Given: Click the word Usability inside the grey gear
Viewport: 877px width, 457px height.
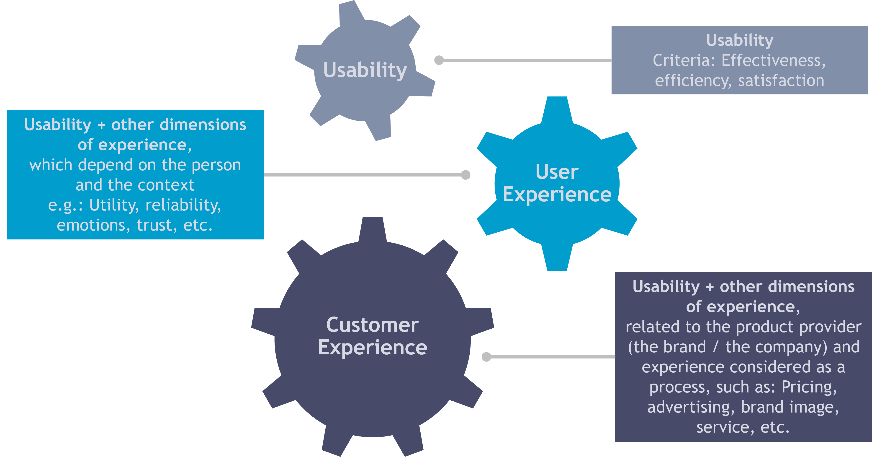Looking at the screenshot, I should pyautogui.click(x=365, y=70).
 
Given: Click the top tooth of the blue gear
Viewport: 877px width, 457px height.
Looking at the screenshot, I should pyautogui.click(x=557, y=109).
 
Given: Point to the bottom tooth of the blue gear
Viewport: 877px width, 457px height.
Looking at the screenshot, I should pyautogui.click(x=557, y=259).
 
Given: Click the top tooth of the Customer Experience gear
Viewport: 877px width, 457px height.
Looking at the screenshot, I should pyautogui.click(x=373, y=229).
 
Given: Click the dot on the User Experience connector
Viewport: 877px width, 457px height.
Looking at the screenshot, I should pyautogui.click(x=466, y=175).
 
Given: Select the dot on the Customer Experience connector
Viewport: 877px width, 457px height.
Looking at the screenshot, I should pyautogui.click(x=486, y=357).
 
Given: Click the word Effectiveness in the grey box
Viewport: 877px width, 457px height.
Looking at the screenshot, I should pyautogui.click(x=771, y=61).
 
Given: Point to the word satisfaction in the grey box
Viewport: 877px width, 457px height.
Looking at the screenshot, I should pyautogui.click(x=781, y=81).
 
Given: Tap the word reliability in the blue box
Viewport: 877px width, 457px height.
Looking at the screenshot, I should pyautogui.click(x=183, y=205).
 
